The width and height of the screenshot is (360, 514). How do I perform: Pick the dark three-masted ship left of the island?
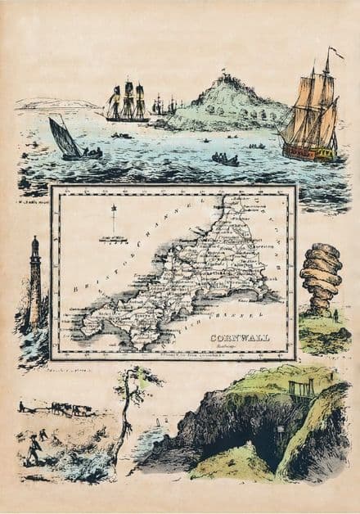[127, 102]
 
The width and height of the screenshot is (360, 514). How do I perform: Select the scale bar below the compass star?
[114, 239]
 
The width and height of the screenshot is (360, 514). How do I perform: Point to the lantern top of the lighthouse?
[35, 243]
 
